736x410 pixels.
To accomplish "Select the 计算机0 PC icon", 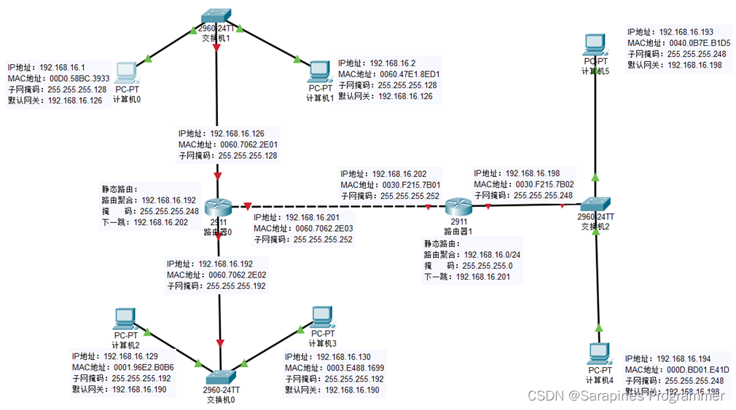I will (x=125, y=72).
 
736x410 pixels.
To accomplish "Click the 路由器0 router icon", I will (x=218, y=208).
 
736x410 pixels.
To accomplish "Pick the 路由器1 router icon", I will (x=459, y=206).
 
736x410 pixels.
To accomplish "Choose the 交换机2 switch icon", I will (x=596, y=205).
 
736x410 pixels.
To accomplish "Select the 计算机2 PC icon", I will (x=125, y=318).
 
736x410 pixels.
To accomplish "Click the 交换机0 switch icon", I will (x=219, y=376).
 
